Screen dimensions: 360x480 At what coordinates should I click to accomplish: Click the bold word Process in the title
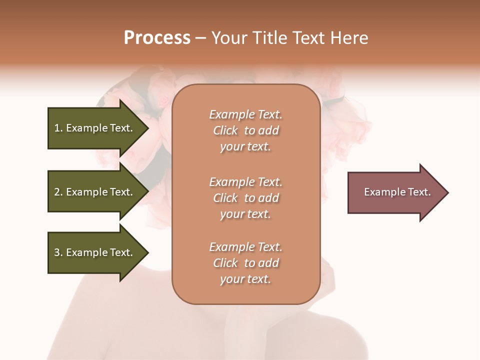157,38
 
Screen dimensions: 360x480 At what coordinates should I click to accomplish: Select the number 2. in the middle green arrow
58,192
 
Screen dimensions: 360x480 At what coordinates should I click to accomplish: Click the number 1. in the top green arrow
58,128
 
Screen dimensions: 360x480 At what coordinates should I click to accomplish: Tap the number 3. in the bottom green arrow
58,252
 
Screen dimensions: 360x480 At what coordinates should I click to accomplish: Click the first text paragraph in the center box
245,130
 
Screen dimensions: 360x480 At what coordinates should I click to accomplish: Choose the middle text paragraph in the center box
245,198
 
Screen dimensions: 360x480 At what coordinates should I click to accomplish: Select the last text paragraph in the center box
245,263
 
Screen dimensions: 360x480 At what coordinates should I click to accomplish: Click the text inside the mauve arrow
397,192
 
